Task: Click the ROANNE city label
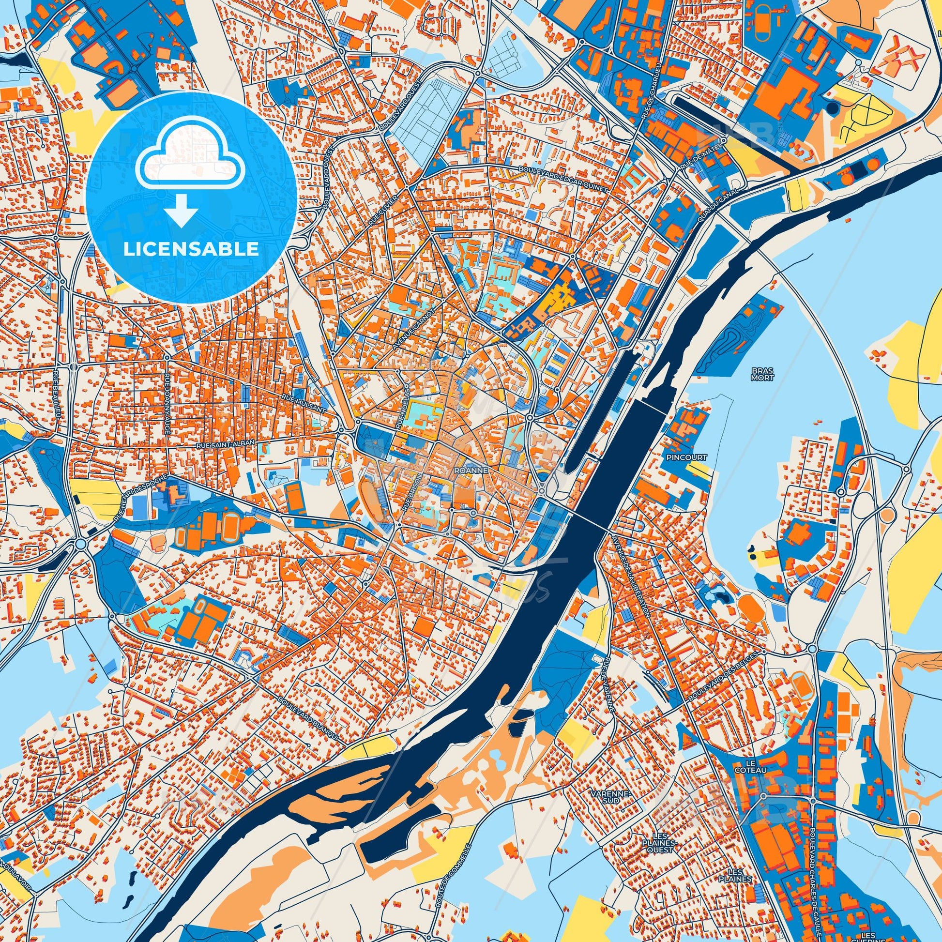[x=466, y=471]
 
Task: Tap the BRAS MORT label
[x=762, y=374]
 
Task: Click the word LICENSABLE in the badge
[x=191, y=249]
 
